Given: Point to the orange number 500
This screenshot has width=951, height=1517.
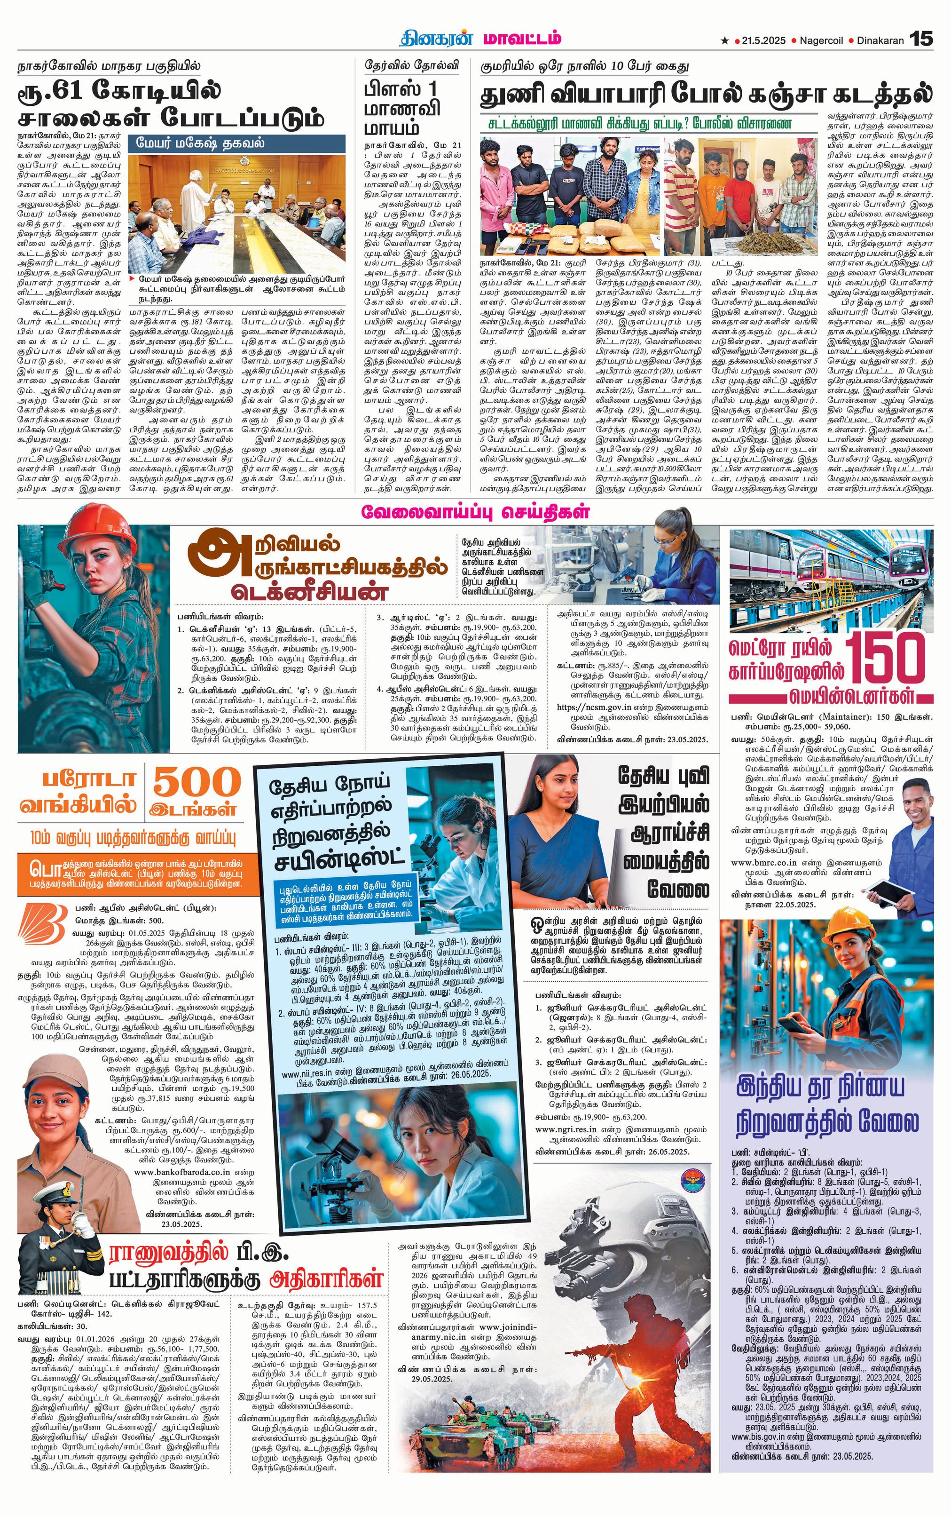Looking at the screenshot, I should tap(197, 782).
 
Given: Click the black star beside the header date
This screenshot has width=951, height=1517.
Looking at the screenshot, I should tap(725, 41).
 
